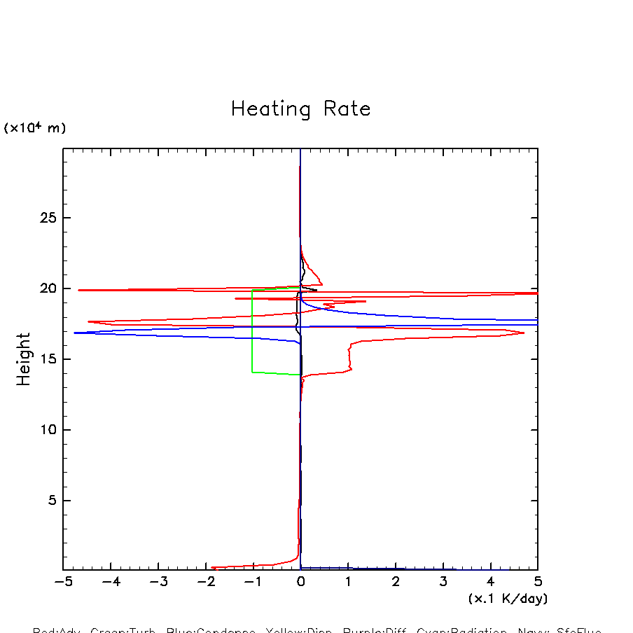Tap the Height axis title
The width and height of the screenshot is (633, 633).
24,359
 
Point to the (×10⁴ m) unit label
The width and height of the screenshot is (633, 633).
35,128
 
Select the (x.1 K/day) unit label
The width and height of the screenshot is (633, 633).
508,599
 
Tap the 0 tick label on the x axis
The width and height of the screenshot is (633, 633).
300,582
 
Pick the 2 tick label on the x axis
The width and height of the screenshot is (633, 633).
396,582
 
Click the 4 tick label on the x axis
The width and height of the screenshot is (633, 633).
490,582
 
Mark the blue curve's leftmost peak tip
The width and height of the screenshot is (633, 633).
74,333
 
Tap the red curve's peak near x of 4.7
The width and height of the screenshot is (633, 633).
524,333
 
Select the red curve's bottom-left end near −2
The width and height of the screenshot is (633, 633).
212,567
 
